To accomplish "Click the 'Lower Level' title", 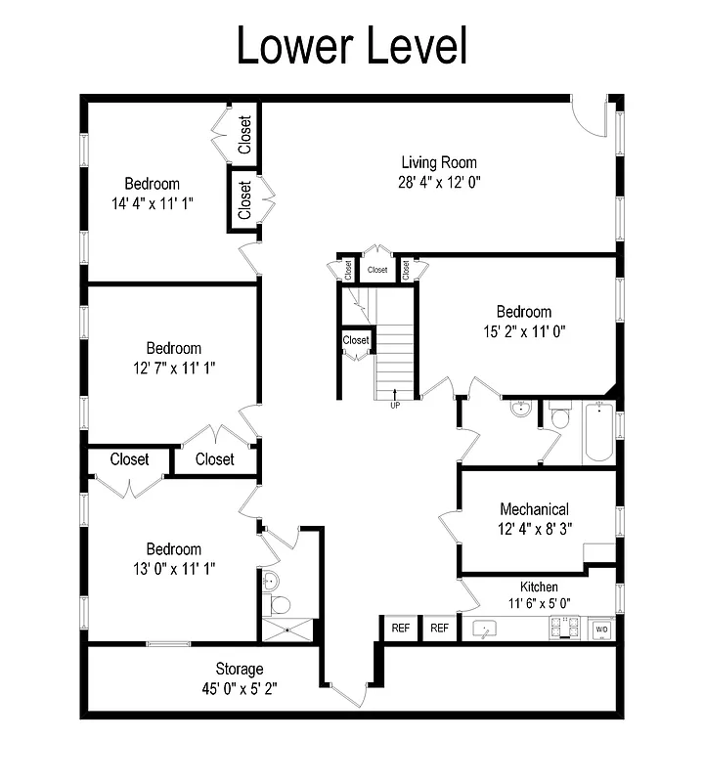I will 352,46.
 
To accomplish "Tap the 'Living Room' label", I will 439,162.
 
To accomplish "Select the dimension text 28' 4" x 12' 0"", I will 439,181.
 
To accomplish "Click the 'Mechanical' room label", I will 534,509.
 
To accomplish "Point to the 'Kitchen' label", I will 539,586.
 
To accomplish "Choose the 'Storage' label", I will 240,669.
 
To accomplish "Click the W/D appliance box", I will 601,630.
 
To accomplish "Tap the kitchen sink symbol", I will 484,629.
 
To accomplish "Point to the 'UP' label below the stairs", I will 395,405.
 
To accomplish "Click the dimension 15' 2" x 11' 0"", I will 523,330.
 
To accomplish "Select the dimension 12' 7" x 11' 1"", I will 173,368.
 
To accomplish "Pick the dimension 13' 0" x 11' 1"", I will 173,568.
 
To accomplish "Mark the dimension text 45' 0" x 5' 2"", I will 240,687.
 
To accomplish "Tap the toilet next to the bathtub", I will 559,417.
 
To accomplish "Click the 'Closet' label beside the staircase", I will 356,340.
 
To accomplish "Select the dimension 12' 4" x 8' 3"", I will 534,528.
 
